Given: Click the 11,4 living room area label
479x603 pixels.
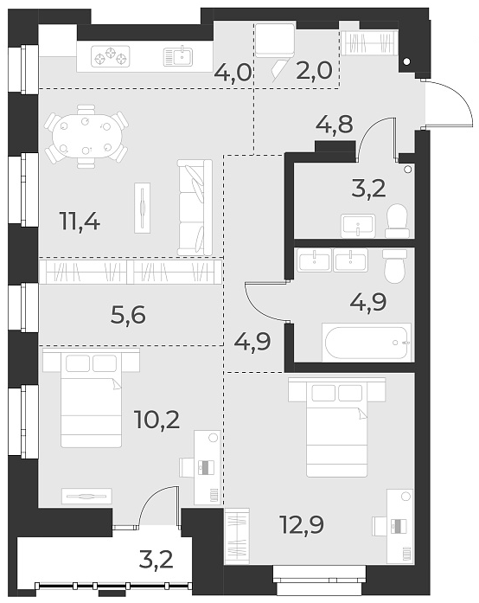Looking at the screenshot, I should click(80, 222).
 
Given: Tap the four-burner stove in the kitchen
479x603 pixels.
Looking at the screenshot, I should click(111, 58).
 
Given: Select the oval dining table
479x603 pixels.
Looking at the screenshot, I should click(86, 137).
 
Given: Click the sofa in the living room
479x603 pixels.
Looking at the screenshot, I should click(195, 207).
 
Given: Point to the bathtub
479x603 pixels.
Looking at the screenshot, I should click(365, 342).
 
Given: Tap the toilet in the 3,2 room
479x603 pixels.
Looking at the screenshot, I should click(398, 221).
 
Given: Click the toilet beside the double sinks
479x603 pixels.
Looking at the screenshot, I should click(393, 266).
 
